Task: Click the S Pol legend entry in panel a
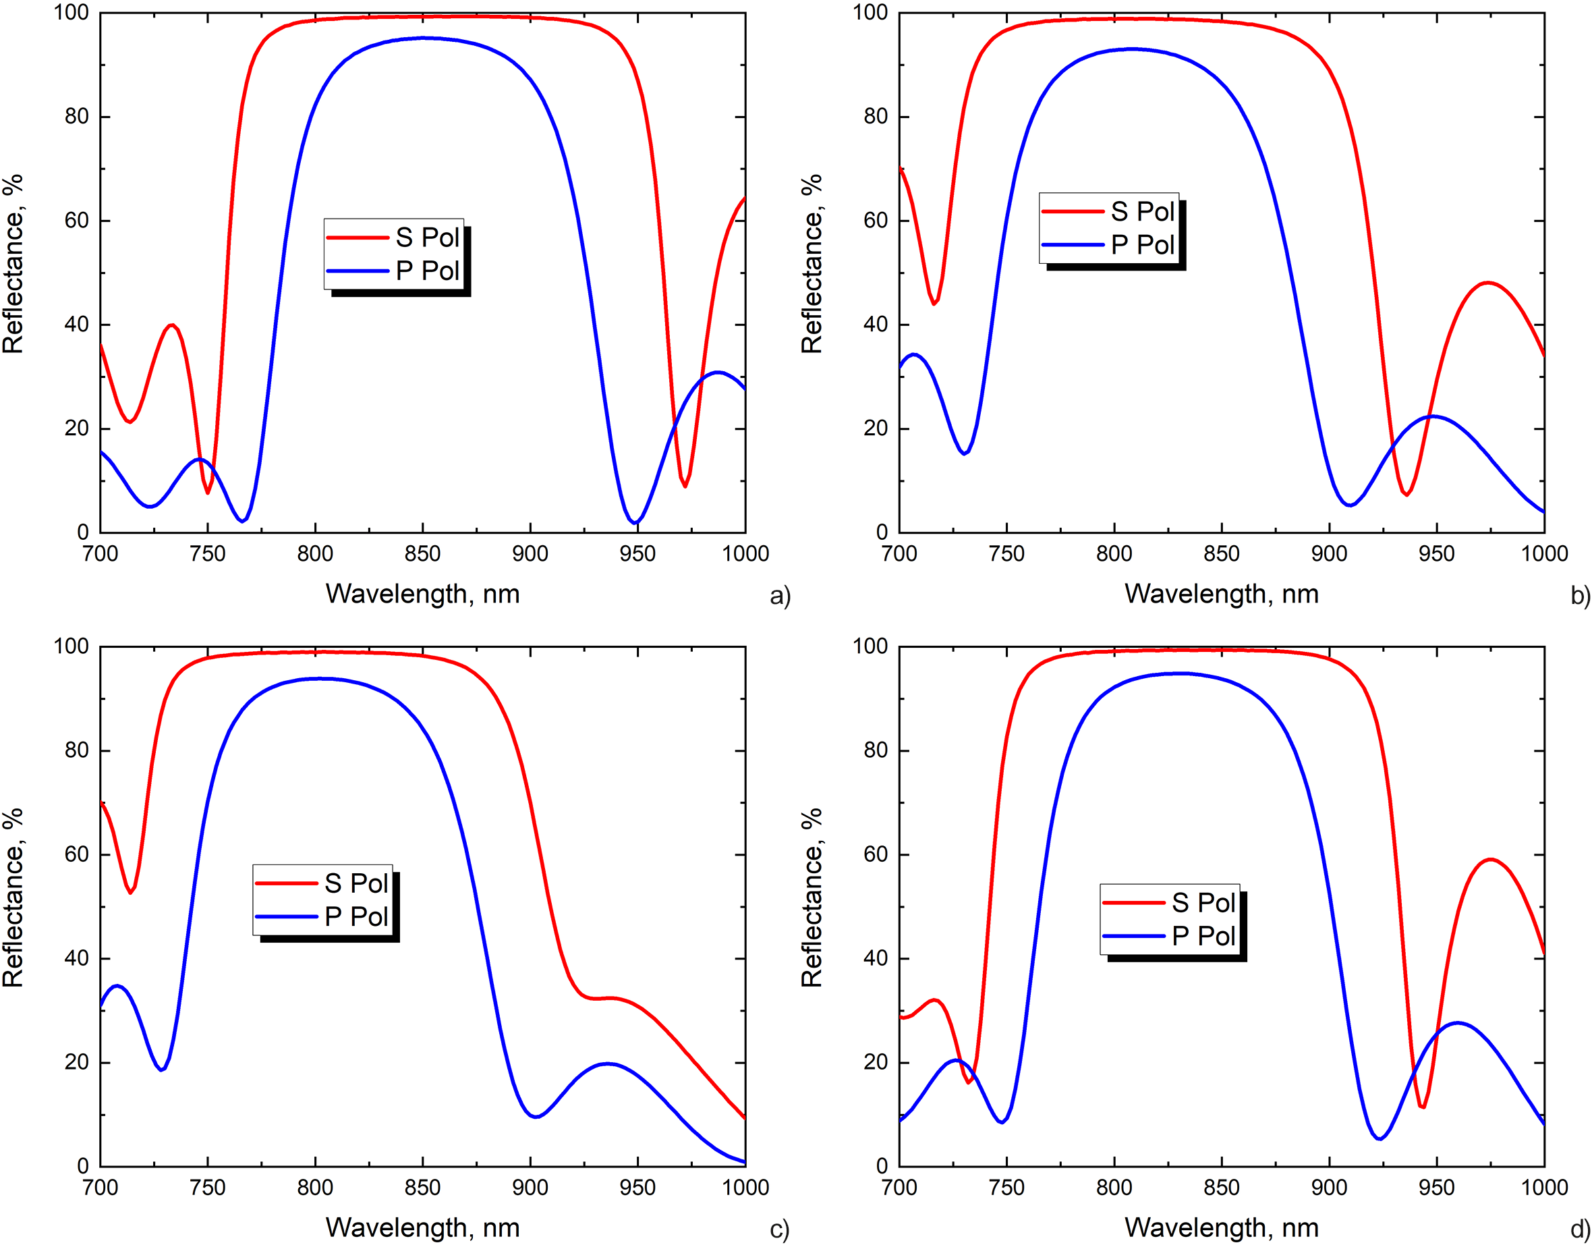click(426, 238)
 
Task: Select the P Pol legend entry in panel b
click(1141, 245)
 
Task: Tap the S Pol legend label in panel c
click(356, 884)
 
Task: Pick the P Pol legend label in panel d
click(1203, 936)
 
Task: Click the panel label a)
click(779, 597)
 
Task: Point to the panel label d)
click(1580, 1229)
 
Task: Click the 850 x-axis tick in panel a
click(423, 553)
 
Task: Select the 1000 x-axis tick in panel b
click(1543, 553)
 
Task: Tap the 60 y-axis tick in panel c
click(76, 854)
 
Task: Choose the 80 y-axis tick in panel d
click(876, 750)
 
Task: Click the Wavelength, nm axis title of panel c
click(423, 1227)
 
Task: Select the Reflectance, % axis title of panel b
click(812, 264)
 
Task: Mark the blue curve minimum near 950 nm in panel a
click(635, 522)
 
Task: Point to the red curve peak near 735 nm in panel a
click(172, 325)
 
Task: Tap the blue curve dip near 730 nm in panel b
click(964, 453)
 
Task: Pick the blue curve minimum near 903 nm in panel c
click(536, 1117)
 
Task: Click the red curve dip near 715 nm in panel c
click(132, 893)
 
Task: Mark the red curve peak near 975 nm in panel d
click(1490, 859)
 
